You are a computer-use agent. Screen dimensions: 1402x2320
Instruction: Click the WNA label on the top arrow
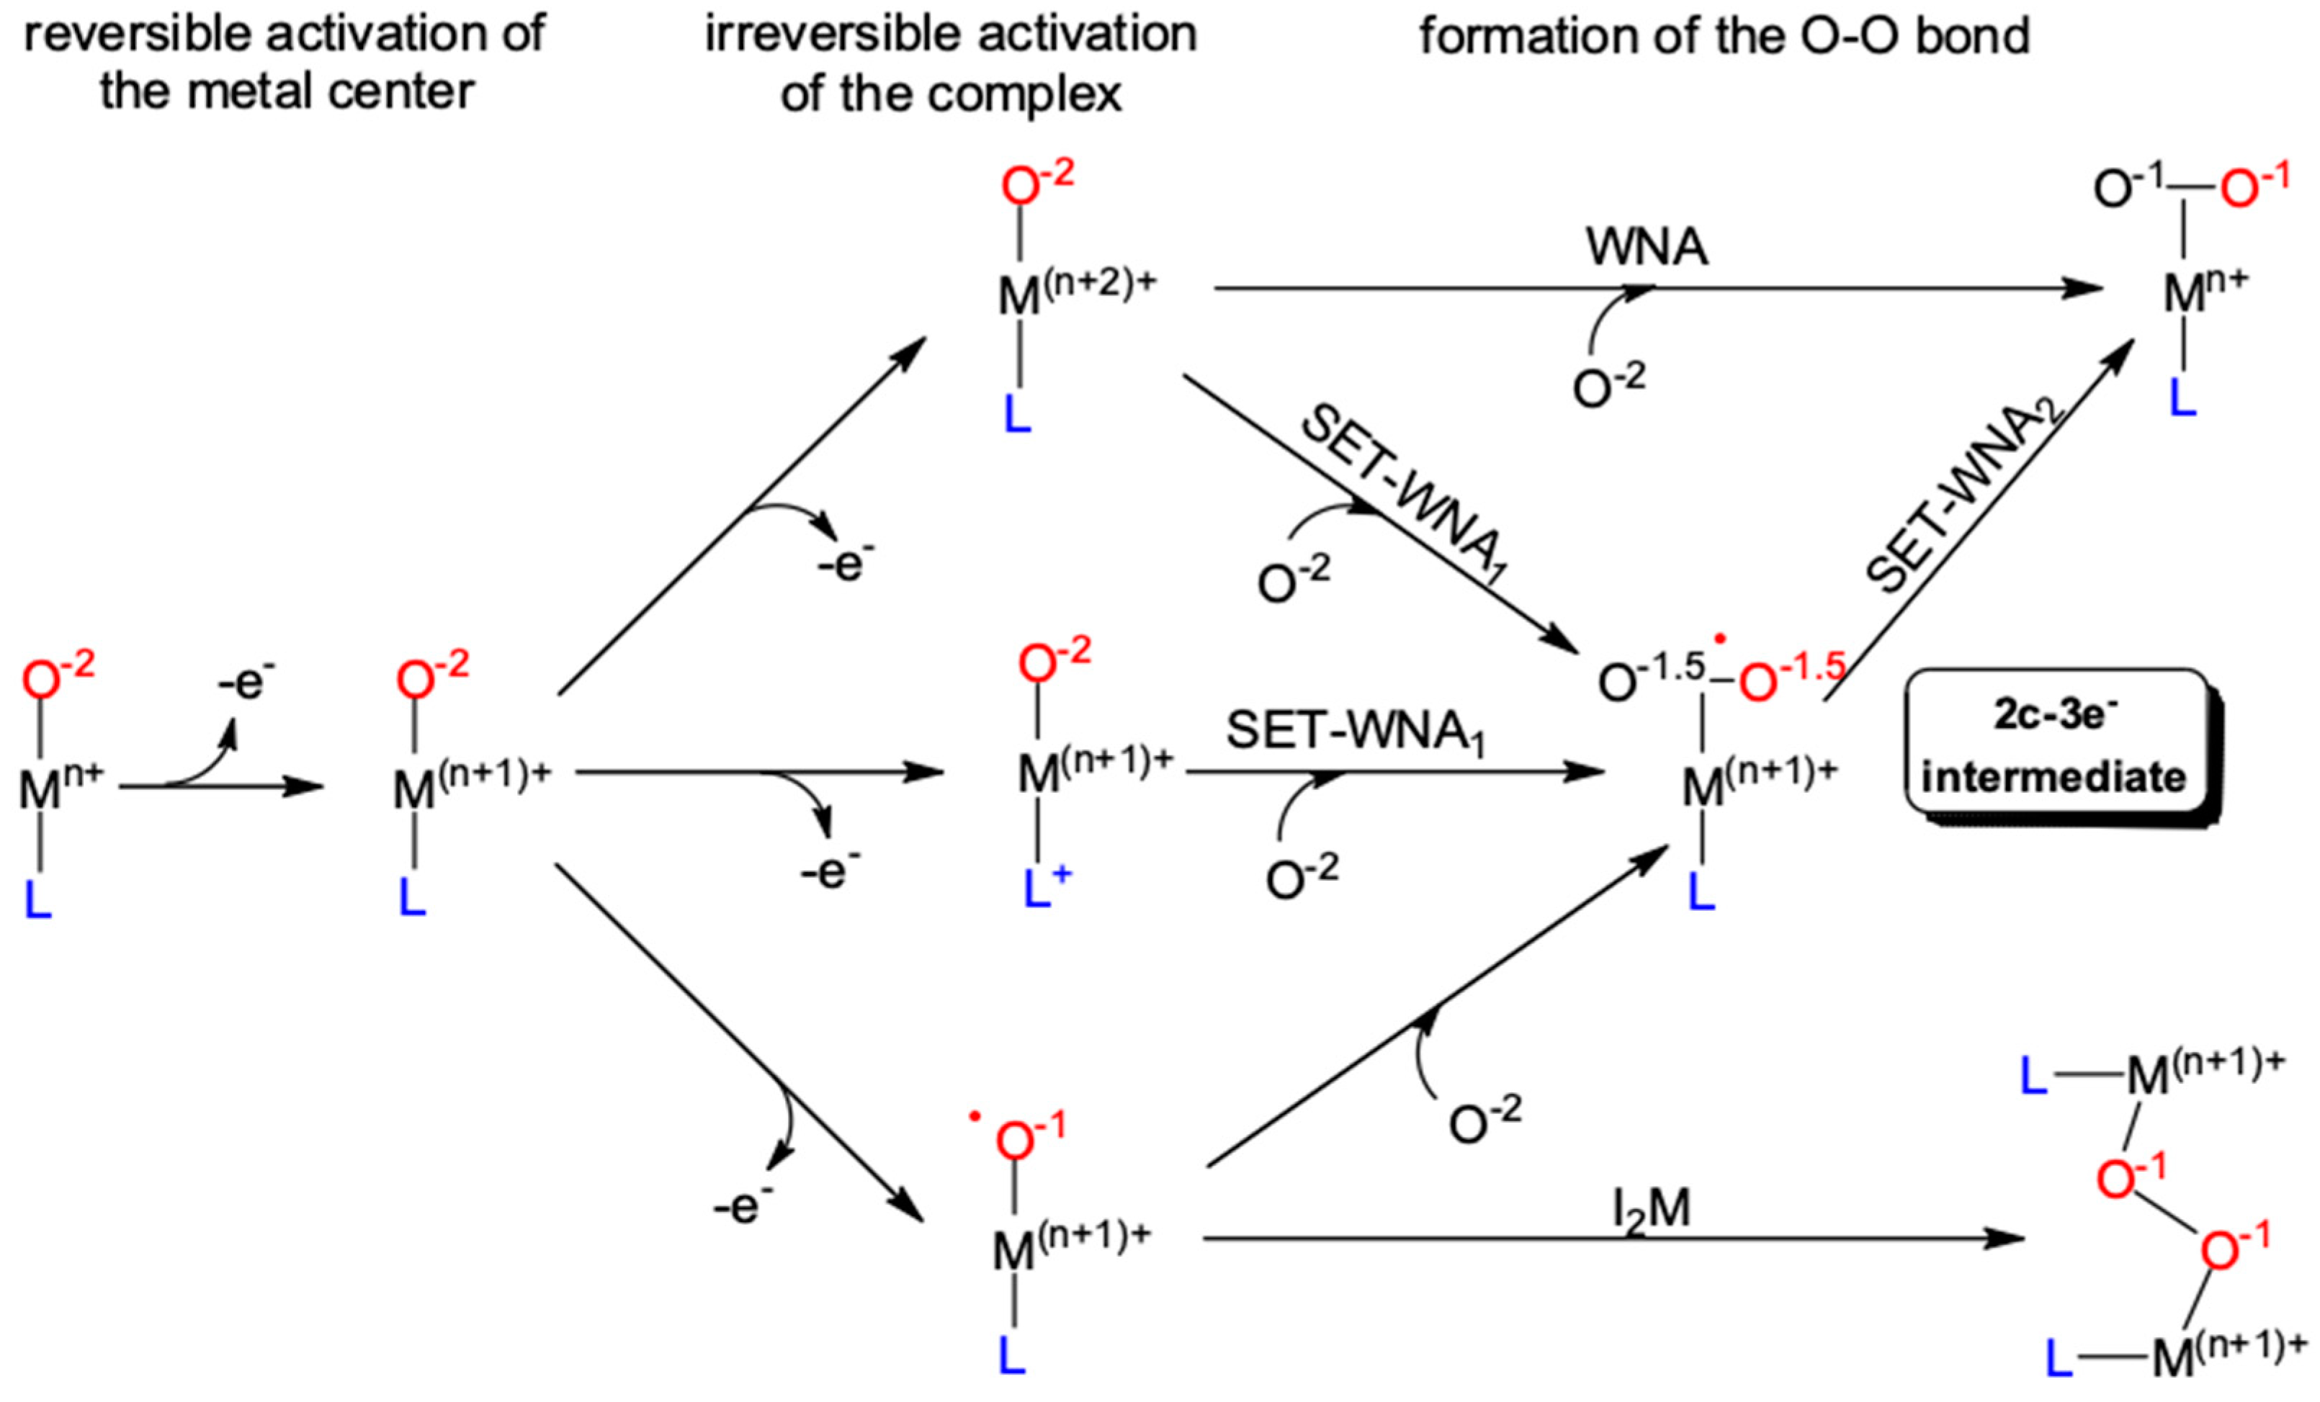[1646, 247]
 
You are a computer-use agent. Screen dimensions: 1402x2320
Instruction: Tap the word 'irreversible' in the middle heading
[812, 34]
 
